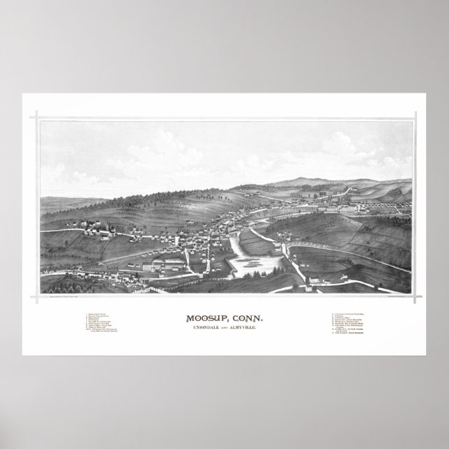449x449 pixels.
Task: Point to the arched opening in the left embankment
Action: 105,264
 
